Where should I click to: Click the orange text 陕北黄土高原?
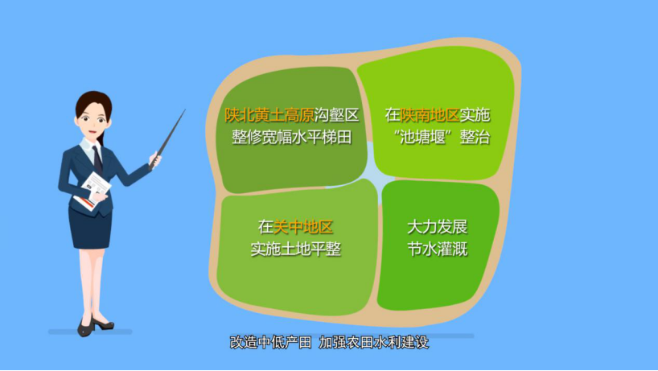(x=269, y=115)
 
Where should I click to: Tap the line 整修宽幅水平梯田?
(x=292, y=138)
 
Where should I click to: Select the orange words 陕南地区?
(x=430, y=115)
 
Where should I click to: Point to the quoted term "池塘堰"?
(x=423, y=138)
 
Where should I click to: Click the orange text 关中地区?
(x=303, y=227)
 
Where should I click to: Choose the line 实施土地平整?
(x=295, y=249)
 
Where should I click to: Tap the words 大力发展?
(x=437, y=227)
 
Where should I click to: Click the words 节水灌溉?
(x=437, y=249)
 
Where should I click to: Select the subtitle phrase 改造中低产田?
(x=270, y=342)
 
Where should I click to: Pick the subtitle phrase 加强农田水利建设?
(x=373, y=342)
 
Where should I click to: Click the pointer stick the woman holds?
(x=168, y=138)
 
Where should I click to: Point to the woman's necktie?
(x=98, y=159)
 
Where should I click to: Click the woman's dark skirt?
(x=90, y=229)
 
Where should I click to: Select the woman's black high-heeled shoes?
(x=95, y=326)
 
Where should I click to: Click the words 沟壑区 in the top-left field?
(x=336, y=115)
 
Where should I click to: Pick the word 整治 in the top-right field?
(x=475, y=138)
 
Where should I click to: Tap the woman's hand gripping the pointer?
(x=155, y=160)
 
